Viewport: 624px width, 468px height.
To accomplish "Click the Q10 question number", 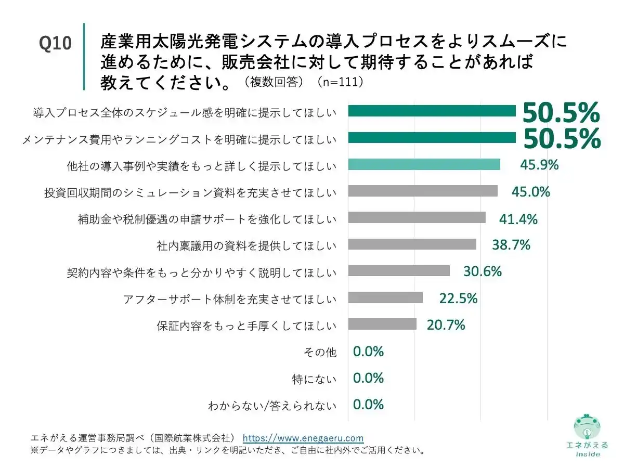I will pyautogui.click(x=55, y=44).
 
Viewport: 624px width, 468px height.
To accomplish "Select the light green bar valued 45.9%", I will pyautogui.click(x=424, y=165).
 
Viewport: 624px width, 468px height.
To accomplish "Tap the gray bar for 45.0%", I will pyautogui.click(x=422, y=191).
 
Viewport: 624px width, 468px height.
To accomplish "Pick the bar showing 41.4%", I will pyautogui.click(x=417, y=218).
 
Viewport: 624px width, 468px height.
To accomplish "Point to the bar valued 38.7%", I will pyautogui.click(x=412, y=244).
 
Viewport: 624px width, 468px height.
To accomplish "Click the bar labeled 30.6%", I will pyautogui.click(x=398, y=271).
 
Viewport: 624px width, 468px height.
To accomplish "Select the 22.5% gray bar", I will pyautogui.click(x=385, y=297).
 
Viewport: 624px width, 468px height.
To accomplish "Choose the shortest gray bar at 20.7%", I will pyautogui.click(x=382, y=324).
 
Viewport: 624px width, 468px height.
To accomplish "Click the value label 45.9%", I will pyautogui.click(x=539, y=165).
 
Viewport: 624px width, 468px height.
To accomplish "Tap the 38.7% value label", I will pyautogui.click(x=511, y=244).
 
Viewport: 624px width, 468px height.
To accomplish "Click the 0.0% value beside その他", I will pyautogui.click(x=368, y=352).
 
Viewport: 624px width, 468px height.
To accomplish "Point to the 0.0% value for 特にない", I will pyautogui.click(x=368, y=378).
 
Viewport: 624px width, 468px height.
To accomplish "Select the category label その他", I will pyautogui.click(x=320, y=352).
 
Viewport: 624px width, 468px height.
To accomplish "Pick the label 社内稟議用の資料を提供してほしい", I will pyautogui.click(x=246, y=245).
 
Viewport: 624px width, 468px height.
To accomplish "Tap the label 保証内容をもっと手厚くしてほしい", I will pyautogui.click(x=246, y=326).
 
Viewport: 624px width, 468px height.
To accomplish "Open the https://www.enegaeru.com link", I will pyautogui.click(x=303, y=438).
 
